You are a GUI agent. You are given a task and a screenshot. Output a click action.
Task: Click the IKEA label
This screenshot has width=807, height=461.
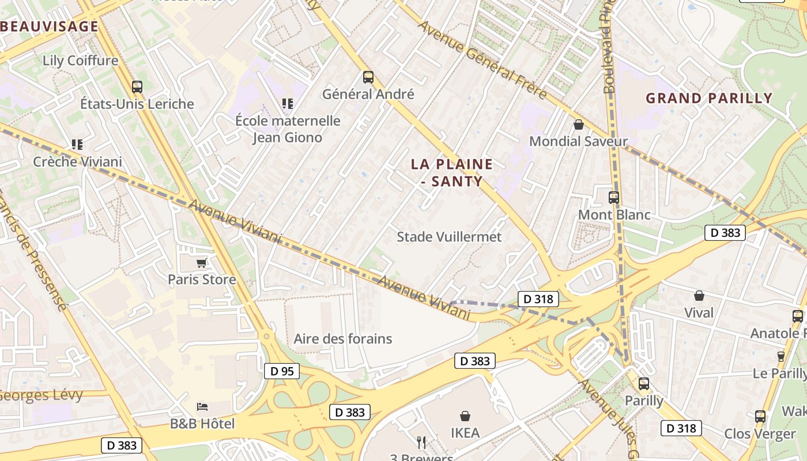tap(465, 432)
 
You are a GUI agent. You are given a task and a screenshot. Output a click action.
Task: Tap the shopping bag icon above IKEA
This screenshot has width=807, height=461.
tap(465, 415)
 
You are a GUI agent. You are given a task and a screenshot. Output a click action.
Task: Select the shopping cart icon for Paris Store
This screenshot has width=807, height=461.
tap(201, 263)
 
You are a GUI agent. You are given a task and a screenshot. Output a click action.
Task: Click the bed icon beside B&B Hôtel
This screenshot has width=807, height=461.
tap(202, 407)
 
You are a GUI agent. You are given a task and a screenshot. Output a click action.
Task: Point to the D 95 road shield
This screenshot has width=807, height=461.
tap(282, 371)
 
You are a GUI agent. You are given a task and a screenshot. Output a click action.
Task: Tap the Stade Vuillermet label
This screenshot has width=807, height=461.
tap(449, 237)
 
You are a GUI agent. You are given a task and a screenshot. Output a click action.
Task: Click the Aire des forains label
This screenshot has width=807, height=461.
tap(343, 339)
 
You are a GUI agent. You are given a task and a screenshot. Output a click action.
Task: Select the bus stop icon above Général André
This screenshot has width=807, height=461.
tap(368, 77)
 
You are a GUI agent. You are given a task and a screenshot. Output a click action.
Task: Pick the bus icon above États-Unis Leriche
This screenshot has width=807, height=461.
tap(137, 87)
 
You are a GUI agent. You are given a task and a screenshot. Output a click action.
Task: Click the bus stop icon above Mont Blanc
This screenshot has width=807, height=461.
tap(614, 198)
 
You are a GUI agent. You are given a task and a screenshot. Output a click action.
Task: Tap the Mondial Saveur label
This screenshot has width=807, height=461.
tap(578, 141)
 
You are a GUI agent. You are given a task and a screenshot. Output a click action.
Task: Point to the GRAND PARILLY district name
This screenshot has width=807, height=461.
tap(708, 98)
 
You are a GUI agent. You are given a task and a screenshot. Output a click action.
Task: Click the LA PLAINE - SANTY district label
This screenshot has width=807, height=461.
tap(452, 172)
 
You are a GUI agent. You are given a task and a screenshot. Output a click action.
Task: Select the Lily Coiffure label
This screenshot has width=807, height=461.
tap(80, 61)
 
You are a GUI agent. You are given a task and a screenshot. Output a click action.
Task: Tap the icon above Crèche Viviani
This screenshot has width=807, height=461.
tap(77, 145)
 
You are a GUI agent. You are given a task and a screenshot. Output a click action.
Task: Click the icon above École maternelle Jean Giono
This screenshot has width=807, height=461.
tap(287, 104)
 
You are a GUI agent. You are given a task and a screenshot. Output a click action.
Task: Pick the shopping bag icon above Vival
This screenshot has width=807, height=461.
tap(699, 296)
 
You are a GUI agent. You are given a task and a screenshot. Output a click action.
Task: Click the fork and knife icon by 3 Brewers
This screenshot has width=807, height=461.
tap(421, 443)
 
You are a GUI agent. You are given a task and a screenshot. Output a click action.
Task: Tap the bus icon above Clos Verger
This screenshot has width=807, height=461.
tap(760, 417)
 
